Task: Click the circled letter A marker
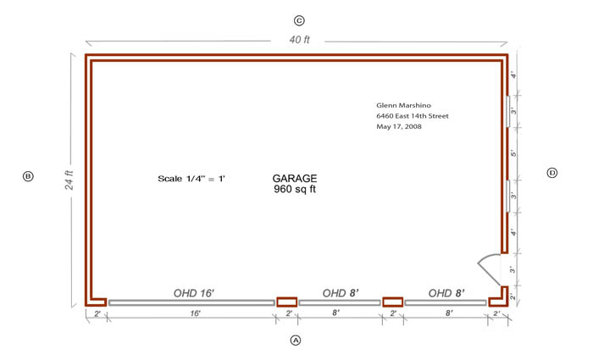pos(296,341)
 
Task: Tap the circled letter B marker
pos(28,176)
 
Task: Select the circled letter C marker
pos(299,20)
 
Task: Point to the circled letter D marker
pos(552,173)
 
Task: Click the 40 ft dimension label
pos(300,39)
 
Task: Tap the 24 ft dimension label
pos(69,180)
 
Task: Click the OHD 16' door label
pos(194,293)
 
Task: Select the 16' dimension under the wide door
pos(195,313)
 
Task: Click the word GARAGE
pos(295,178)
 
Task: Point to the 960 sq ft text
pos(295,189)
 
